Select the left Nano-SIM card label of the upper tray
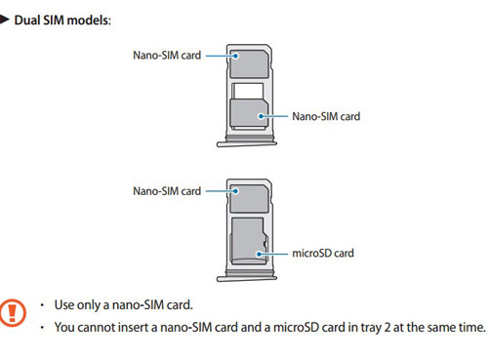click(167, 56)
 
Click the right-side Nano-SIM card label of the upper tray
click(326, 116)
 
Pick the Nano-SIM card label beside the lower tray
click(167, 190)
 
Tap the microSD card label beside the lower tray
click(323, 253)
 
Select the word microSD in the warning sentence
click(286, 327)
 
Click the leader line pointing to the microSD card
click(272, 253)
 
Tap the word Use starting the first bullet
click(65, 305)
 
